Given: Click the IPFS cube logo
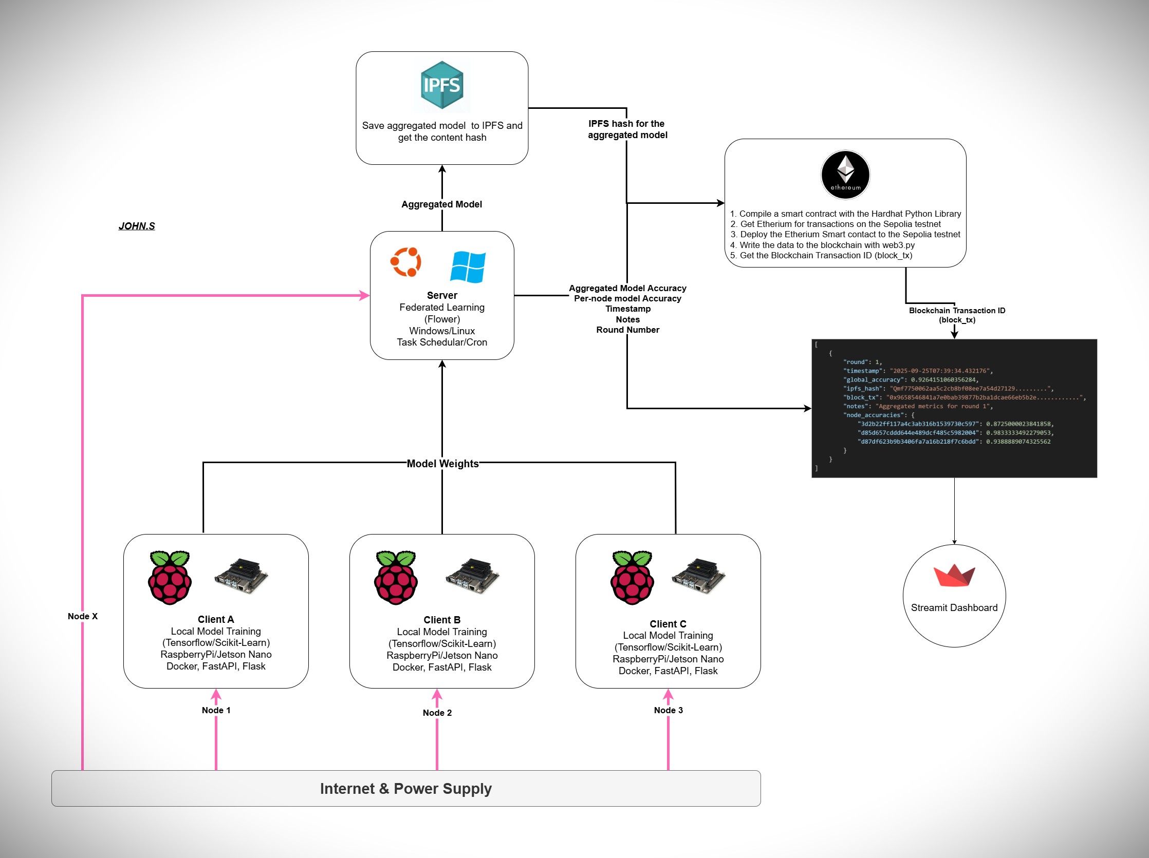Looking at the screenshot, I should click(441, 85).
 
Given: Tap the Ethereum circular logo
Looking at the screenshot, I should click(845, 175).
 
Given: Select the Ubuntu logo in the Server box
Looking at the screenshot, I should click(405, 262).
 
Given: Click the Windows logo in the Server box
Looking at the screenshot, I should click(468, 267).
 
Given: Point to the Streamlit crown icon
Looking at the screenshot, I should click(954, 575).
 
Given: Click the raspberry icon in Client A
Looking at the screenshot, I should click(170, 577).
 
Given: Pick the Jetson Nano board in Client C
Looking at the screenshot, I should click(698, 576).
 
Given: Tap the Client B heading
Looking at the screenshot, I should click(441, 620).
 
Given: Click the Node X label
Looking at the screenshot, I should click(83, 616).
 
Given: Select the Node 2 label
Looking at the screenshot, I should click(437, 713).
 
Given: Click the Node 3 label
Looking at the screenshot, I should click(668, 710).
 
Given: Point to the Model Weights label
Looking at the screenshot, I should click(442, 464).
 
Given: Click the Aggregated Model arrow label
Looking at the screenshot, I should click(441, 204).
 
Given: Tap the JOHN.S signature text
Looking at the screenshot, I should click(137, 226).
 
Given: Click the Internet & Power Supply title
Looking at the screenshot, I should click(405, 789).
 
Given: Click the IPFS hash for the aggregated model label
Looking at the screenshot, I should click(627, 129).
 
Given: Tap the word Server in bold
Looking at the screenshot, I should click(442, 295).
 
